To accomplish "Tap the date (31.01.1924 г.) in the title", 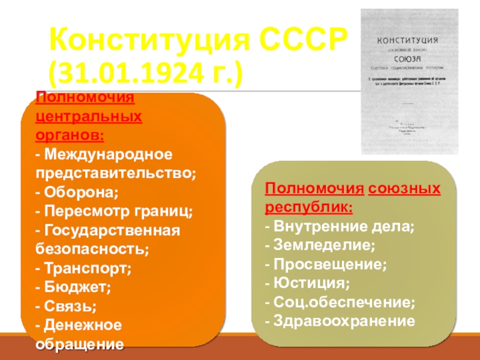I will coord(146,76).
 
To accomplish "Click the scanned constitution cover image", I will coord(407,82).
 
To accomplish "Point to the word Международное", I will coord(109,155).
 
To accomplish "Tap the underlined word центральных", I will coord(89,116).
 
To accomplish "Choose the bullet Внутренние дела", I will coord(341,227).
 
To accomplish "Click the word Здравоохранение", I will coord(344,320).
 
